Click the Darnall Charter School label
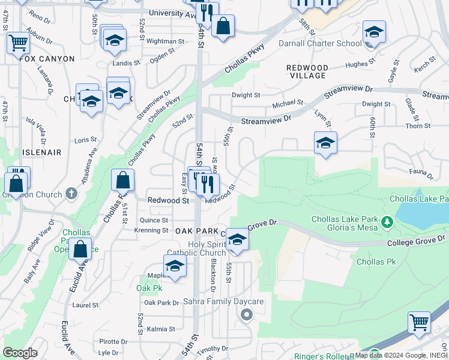tap(320, 43)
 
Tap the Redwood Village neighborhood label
tap(306, 71)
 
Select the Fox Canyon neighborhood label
tap(47, 59)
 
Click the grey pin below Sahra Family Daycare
tap(245, 314)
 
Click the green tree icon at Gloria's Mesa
tap(387, 223)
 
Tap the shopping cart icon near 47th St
tap(18, 43)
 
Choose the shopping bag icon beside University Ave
tap(223, 25)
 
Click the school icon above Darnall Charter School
tap(373, 31)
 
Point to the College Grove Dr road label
tap(415, 242)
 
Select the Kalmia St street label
tap(160, 329)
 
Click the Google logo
tap(20, 353)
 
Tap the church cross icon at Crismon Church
tap(71, 193)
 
